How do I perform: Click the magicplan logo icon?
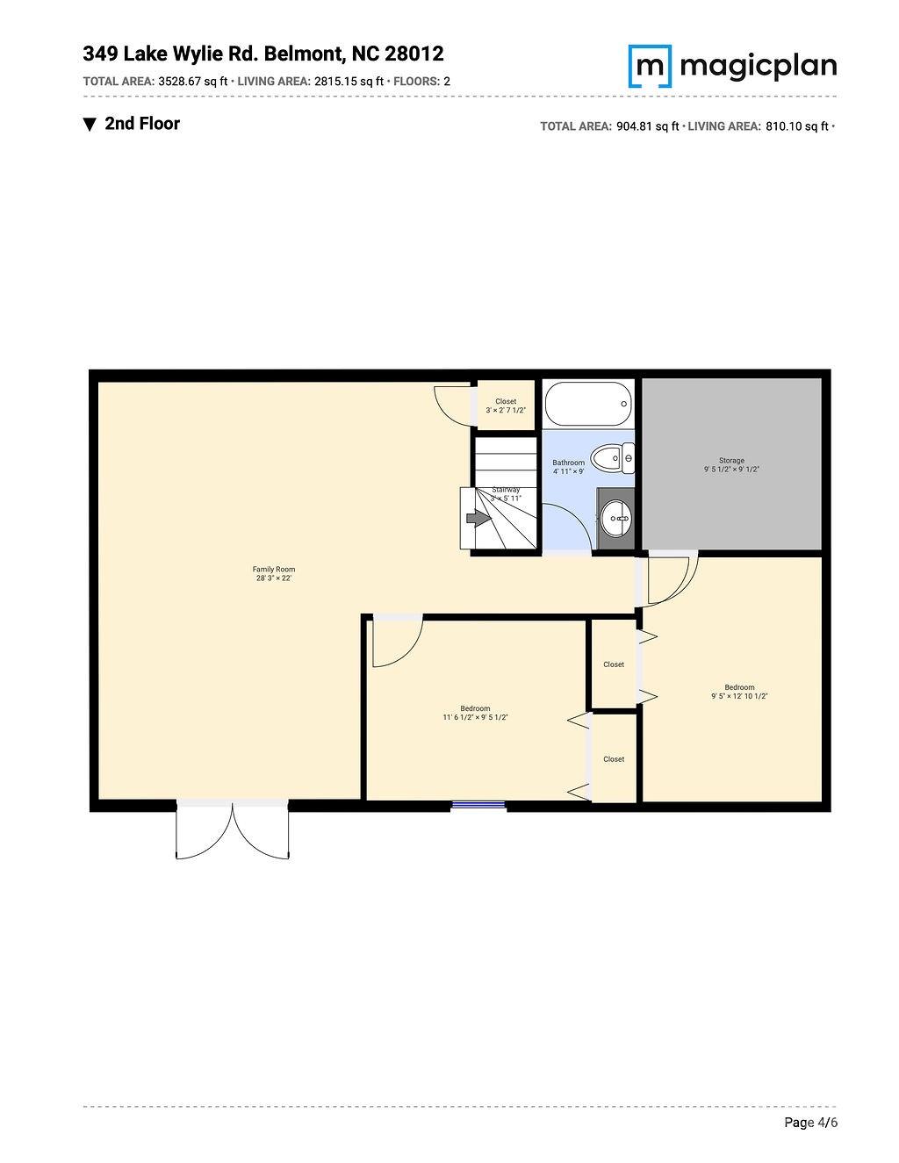pos(650,66)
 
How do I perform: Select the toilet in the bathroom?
pos(612,457)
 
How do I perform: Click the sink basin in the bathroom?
pos(616,518)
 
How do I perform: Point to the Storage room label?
pos(731,461)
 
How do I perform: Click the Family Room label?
pos(274,570)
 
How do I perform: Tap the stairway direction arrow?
pos(478,519)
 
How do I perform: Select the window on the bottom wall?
pos(478,804)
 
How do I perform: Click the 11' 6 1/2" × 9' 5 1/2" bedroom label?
pos(475,713)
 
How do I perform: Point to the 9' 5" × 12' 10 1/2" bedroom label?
pos(739,692)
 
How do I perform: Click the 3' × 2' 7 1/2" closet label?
pos(506,406)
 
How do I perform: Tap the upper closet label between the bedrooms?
pos(614,664)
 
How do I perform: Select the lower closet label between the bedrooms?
pos(614,759)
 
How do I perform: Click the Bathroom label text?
pos(568,463)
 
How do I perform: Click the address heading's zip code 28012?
pos(414,54)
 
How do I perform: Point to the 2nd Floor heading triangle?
pos(90,125)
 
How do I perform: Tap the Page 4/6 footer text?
pos(810,1123)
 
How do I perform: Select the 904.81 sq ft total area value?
pos(648,126)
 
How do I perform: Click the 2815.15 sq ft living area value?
pos(349,82)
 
